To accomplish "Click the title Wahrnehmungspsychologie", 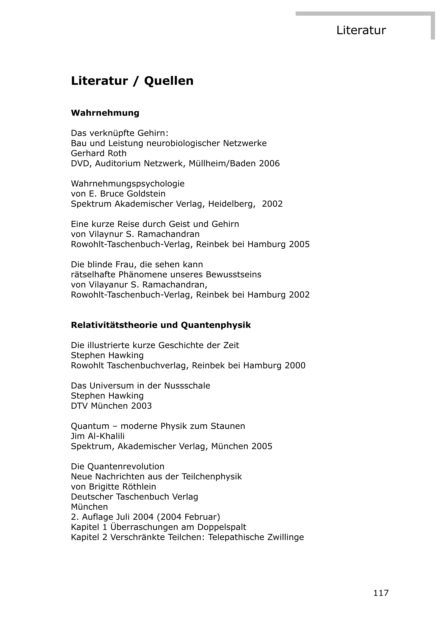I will click(x=128, y=184).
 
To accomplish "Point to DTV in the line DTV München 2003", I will click(x=79, y=406).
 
